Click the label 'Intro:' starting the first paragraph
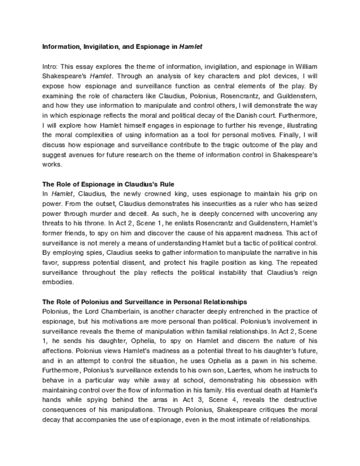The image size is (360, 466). point(51,66)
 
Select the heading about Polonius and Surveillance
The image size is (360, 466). point(145,302)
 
